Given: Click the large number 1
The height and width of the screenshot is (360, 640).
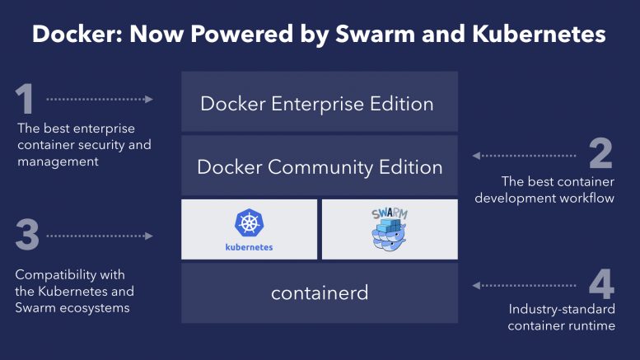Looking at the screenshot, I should pos(26,100).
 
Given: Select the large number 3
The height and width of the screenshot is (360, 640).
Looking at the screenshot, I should pos(27,236).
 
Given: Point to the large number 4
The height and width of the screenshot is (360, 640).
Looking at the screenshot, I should pos(601,285).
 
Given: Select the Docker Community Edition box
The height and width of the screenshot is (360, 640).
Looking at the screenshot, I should pos(320,167).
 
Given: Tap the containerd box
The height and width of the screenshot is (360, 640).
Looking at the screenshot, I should pos(320,293).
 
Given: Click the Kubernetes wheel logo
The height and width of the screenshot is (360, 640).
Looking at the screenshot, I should pos(249,223).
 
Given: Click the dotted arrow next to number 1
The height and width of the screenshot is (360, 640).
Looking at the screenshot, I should pos(100,99).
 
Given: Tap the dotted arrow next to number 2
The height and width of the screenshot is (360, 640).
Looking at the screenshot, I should pos(524,154).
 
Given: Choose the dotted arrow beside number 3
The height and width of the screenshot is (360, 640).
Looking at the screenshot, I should pos(100,236).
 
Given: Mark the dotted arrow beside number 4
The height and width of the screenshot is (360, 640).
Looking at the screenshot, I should pos(524,285).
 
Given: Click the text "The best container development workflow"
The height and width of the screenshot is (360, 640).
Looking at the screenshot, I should pos(557,189).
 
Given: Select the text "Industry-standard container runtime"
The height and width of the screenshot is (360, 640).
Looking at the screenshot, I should pos(561,318).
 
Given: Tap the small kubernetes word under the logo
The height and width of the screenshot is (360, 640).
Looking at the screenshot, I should pos(249,246).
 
